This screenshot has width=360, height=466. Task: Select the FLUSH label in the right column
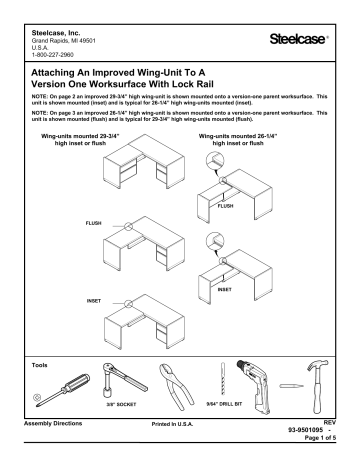[x=226, y=207]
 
